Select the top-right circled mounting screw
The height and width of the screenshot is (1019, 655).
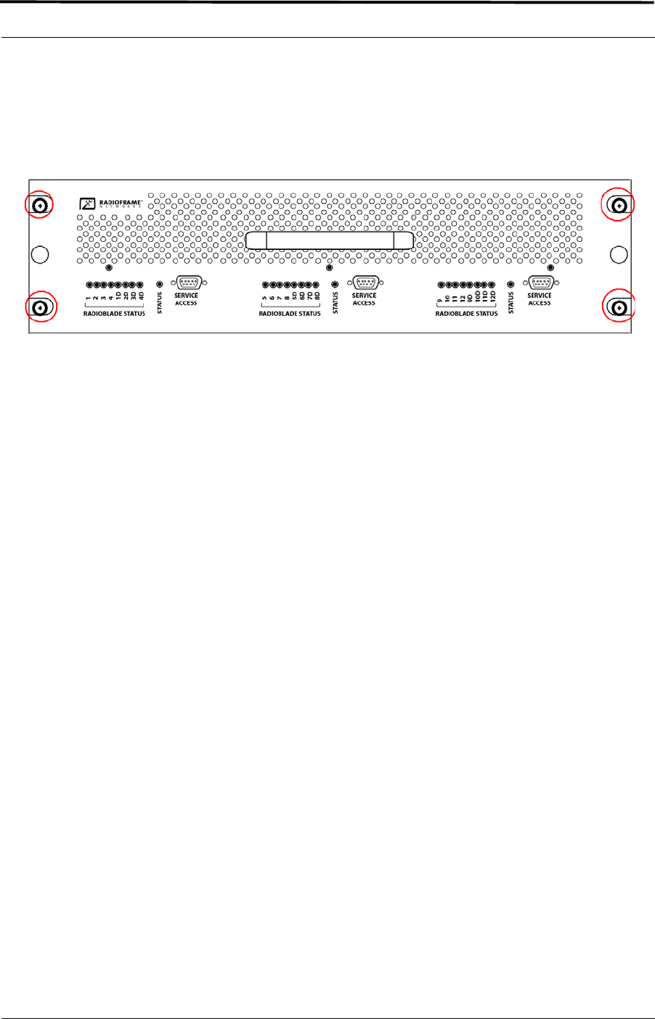pos(619,206)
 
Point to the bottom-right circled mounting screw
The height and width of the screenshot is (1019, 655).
pos(619,309)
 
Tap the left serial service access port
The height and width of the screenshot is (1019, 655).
pos(187,283)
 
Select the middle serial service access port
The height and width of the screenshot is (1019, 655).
pos(365,283)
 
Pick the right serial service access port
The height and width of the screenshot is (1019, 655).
pos(540,283)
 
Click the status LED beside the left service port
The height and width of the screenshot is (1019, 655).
pos(160,285)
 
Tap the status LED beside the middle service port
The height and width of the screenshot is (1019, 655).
pos(335,285)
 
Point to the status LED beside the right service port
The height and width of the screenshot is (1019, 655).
pos(510,285)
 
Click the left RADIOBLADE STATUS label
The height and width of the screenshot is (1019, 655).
pos(113,314)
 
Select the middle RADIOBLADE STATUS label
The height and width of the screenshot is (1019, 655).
pos(290,314)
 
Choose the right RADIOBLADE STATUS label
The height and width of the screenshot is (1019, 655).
pos(466,314)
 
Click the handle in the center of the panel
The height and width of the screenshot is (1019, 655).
pos(330,241)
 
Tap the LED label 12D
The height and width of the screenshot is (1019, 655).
pos(492,296)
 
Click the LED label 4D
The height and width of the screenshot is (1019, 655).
pos(142,296)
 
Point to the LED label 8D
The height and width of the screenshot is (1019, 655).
pos(317,296)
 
